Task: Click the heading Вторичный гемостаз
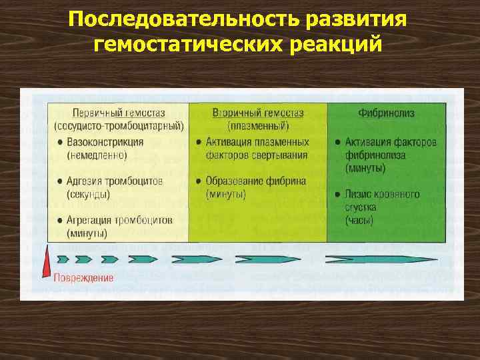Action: [257, 113]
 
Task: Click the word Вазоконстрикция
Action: [105, 142]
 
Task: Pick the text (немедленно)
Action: [97, 155]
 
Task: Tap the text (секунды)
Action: [88, 194]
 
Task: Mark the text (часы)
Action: [359, 220]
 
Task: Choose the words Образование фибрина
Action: [256, 181]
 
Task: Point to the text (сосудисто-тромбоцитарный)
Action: [118, 125]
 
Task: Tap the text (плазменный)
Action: [258, 125]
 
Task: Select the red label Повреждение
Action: [83, 277]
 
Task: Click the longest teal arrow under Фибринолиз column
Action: [381, 259]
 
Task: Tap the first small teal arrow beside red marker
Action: [63, 259]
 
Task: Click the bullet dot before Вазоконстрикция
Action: [60, 142]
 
